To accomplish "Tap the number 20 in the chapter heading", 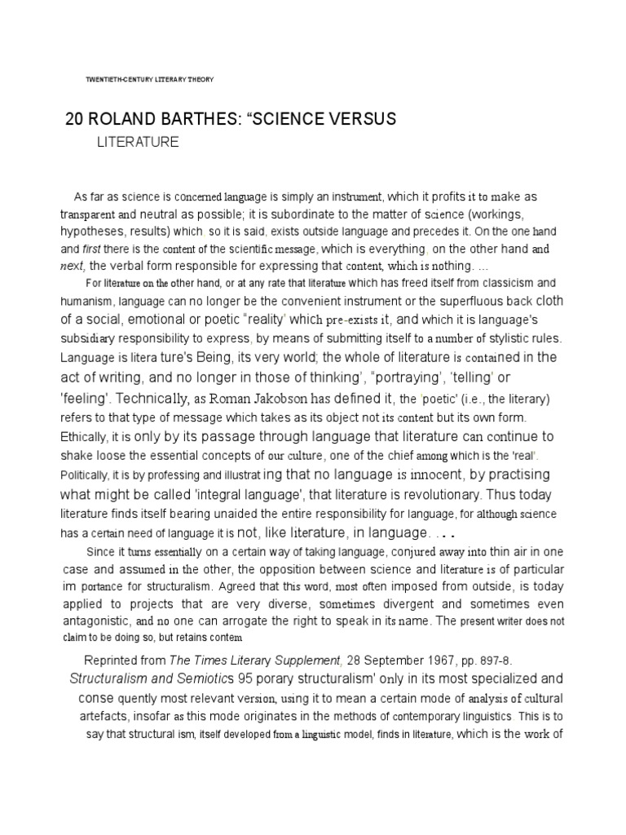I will point(75,119).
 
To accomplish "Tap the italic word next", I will point(72,266).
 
